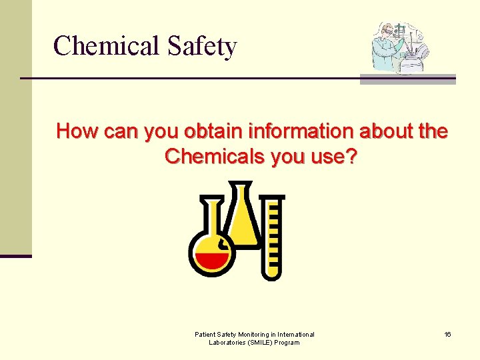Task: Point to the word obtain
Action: [211, 131]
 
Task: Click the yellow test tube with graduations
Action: [271, 237]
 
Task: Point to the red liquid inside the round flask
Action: [212, 260]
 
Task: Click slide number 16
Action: [447, 334]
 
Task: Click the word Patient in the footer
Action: [205, 334]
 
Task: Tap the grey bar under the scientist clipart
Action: [407, 79]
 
